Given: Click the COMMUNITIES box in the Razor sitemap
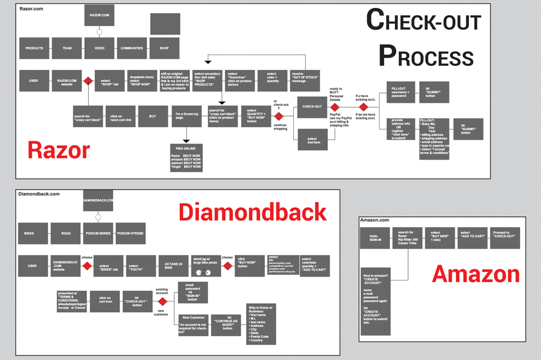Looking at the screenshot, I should tap(132, 48).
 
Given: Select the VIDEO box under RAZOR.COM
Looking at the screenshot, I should tap(99, 48).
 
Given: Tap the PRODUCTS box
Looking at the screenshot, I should tap(34, 48).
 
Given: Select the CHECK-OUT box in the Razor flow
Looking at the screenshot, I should tap(312, 106).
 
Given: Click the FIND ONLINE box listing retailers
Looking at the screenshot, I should tap(186, 157).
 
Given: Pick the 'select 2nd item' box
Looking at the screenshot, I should tap(312, 141).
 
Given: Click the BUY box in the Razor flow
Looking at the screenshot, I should tap(153, 116).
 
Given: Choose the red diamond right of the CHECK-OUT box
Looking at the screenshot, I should tap(335, 107).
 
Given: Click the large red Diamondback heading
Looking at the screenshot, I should tap(253, 212).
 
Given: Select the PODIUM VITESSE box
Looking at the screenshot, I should tap(131, 233).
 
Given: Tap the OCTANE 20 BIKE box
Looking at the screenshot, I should tap(173, 265).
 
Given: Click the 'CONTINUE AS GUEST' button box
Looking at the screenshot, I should tap(226, 324).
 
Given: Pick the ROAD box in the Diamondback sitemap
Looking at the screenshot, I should tap(66, 233).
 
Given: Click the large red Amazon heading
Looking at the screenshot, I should tap(476, 274).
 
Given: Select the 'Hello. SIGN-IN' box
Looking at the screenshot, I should tap(374, 238).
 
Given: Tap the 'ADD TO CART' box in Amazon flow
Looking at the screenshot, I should tap(473, 238).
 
